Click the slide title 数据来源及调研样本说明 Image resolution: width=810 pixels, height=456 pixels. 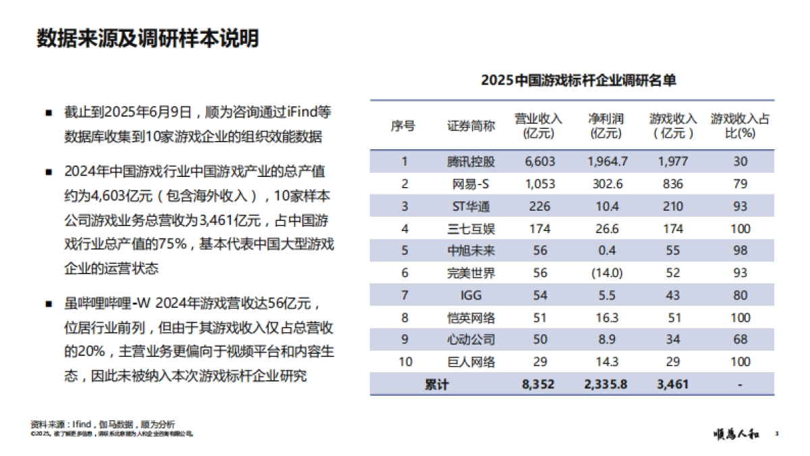[147, 39]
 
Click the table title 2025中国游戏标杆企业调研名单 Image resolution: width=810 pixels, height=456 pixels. [578, 80]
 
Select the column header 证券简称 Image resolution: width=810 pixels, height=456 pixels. [470, 126]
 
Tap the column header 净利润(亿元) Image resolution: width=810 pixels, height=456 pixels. [605, 126]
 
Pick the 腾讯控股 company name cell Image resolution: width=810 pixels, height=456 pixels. [470, 161]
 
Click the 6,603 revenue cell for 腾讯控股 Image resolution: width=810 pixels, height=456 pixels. [538, 161]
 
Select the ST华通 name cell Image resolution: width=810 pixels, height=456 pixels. [470, 206]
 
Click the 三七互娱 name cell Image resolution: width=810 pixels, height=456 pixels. [470, 228]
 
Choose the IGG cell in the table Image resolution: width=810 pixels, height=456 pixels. [470, 295]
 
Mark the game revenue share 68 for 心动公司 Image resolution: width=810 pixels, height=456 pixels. [740, 340]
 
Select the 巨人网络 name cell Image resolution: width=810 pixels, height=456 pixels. [470, 362]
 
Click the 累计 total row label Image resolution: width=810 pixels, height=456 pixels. [436, 384]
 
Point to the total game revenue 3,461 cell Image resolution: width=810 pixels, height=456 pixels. [672, 384]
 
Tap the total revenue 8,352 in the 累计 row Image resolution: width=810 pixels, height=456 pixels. [538, 384]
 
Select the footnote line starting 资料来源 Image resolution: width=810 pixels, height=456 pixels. [102, 424]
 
